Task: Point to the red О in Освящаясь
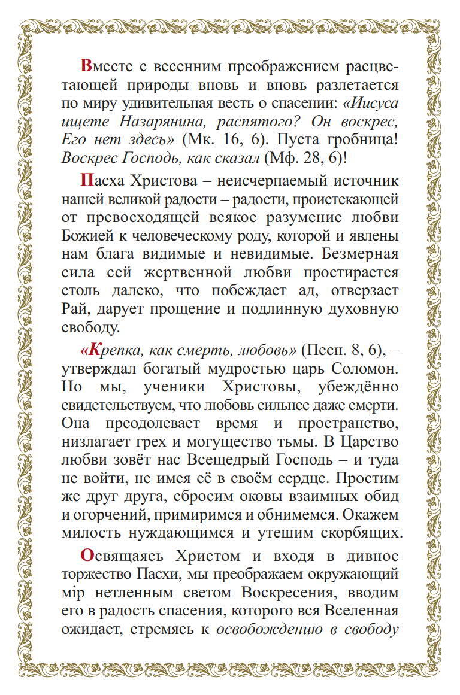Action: pyautogui.click(x=86, y=556)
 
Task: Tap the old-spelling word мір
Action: pyautogui.click(x=72, y=594)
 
